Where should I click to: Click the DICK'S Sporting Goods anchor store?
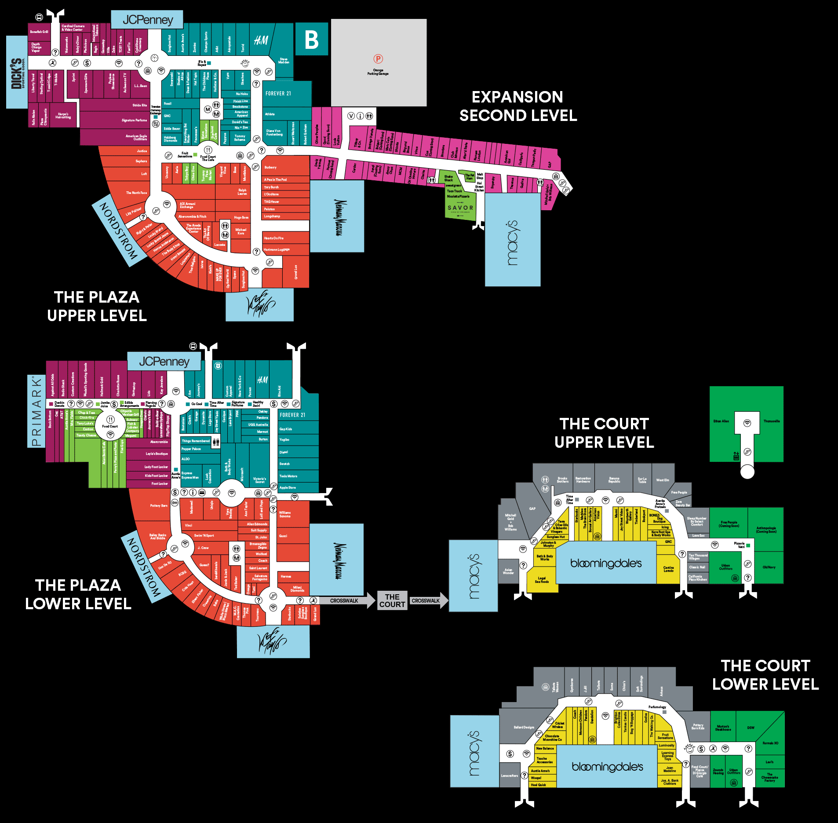coord(17,73)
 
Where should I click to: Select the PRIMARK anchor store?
coord(36,411)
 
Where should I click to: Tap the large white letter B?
coord(311,40)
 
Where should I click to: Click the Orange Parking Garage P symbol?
coord(378,59)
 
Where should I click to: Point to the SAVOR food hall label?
coord(460,208)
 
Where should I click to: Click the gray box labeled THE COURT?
coord(392,600)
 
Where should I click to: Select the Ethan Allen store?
coord(721,421)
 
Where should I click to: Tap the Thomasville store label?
coord(772,421)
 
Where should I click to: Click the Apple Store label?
coord(288,488)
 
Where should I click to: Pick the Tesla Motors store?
coord(288,476)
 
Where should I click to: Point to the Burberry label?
coord(270,168)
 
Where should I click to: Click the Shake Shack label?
coord(448,178)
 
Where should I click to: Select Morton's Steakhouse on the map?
coord(723,728)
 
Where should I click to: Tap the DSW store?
coord(751,728)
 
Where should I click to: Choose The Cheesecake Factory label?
coord(769,777)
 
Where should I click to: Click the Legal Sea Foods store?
coord(542,580)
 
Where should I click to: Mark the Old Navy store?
coord(769,567)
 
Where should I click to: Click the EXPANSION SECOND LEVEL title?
coord(518,106)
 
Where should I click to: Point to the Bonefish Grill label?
coord(39,32)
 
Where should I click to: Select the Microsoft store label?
coord(242,473)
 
